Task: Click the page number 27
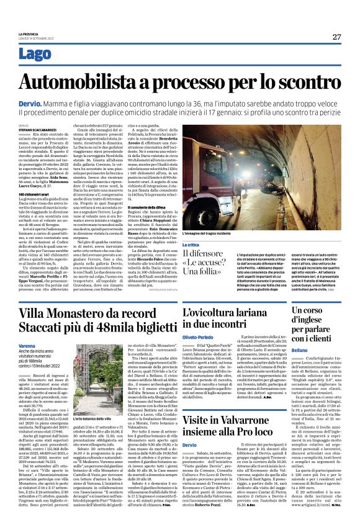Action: pyautogui.click(x=336, y=36)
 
